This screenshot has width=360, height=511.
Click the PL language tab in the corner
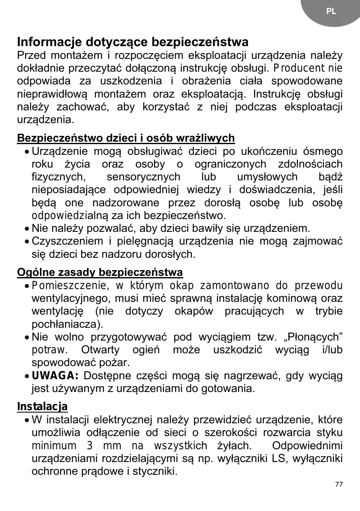click(x=331, y=12)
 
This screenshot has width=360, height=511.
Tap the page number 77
click(x=339, y=484)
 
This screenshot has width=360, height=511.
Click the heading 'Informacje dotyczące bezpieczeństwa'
click(x=133, y=42)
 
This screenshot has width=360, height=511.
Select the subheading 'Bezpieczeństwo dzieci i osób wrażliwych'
click(x=126, y=138)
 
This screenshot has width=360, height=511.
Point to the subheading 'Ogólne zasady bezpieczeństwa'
click(x=100, y=272)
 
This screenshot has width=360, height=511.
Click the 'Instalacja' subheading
click(x=42, y=407)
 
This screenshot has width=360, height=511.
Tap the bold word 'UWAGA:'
click(x=55, y=376)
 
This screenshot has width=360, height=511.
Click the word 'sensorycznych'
click(x=143, y=177)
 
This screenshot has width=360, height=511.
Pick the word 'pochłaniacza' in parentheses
click(x=65, y=324)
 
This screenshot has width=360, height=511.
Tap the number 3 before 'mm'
click(x=89, y=446)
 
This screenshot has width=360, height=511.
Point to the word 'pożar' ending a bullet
click(x=117, y=363)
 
